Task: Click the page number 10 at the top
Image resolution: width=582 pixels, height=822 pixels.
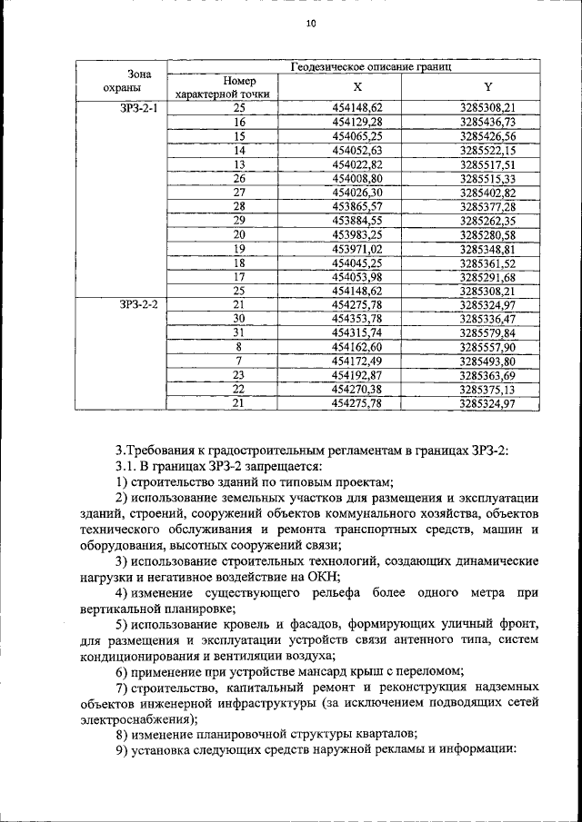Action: pos(310,25)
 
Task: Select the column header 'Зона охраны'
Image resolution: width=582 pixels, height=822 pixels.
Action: pos(121,81)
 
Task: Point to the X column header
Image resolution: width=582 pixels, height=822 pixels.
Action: pos(357,87)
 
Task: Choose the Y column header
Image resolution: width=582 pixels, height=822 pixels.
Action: pos(487,87)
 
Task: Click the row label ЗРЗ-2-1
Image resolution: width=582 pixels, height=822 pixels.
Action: pos(138,108)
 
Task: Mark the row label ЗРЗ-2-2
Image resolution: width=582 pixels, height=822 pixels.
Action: pos(138,304)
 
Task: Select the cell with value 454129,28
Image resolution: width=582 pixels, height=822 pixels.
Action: pos(357,122)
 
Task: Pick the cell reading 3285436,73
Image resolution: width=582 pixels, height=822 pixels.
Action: pos(487,122)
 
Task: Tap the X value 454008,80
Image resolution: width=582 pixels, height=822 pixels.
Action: pos(357,178)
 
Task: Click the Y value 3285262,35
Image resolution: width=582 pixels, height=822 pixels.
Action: pos(487,221)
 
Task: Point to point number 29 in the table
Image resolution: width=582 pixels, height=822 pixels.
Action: pos(240,221)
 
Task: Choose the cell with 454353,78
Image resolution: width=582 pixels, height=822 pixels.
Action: pos(357,319)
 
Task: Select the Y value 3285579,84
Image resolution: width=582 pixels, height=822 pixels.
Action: pos(487,332)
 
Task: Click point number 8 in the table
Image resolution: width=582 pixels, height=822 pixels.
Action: pos(240,347)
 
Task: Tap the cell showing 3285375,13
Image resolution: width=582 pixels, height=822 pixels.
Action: pos(487,389)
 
